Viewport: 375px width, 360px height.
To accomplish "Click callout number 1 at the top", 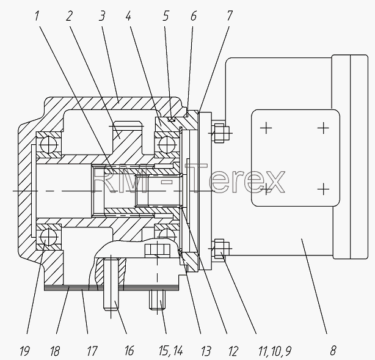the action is pyautogui.click(x=37, y=16).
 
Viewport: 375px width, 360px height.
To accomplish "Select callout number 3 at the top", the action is pyautogui.click(x=101, y=16).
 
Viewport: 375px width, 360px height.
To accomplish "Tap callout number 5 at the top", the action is pyautogui.click(x=166, y=16).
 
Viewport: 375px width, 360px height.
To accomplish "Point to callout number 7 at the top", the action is pyautogui.click(x=230, y=16).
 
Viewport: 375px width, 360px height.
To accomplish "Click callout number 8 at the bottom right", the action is pyautogui.click(x=333, y=351).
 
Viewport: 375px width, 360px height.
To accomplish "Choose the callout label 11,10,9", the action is pyautogui.click(x=275, y=351).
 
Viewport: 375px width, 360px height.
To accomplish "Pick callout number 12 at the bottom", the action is pyautogui.click(x=233, y=351).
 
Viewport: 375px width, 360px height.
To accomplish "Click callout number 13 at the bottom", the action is pyautogui.click(x=206, y=351).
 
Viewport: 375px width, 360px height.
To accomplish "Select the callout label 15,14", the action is pyautogui.click(x=171, y=351).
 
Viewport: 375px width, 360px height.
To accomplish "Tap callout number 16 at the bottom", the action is pyautogui.click(x=129, y=351).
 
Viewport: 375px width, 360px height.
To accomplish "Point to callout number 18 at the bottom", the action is pyautogui.click(x=54, y=351).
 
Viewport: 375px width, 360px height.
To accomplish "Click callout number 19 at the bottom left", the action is pyautogui.click(x=24, y=351).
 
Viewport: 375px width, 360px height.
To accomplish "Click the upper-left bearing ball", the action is pyautogui.click(x=49, y=145).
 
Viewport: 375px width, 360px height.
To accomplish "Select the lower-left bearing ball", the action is pyautogui.click(x=49, y=237).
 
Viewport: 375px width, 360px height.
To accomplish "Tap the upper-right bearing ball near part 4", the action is pyautogui.click(x=167, y=145).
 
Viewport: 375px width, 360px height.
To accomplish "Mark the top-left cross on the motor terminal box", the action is pyautogui.click(x=266, y=128).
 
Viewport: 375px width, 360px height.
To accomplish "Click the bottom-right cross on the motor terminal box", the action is pyautogui.click(x=323, y=189).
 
